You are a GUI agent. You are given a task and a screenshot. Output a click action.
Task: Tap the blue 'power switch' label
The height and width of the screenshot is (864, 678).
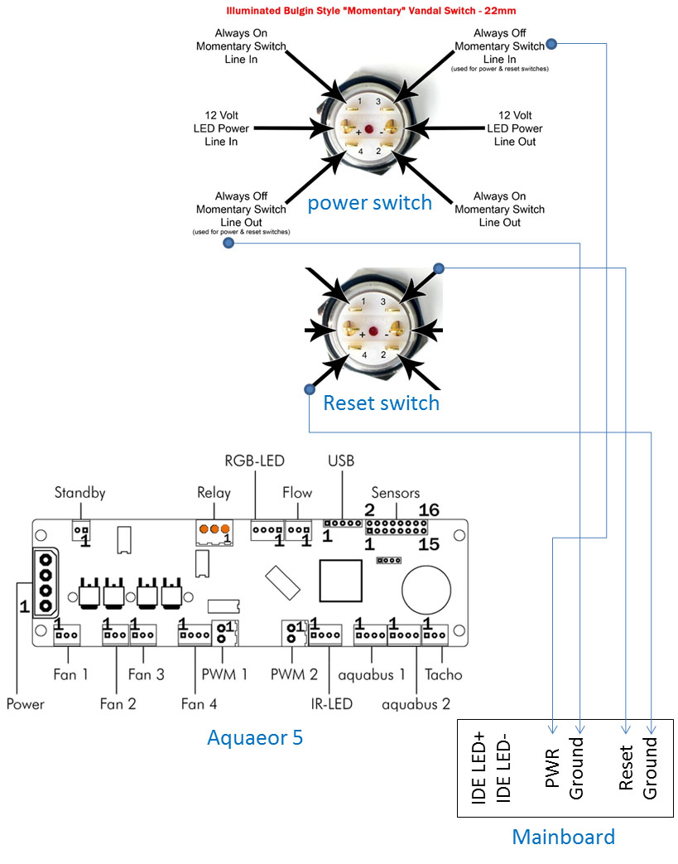pyautogui.click(x=369, y=203)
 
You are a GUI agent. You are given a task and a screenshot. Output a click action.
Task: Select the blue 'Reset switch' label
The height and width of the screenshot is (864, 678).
pyautogui.click(x=381, y=403)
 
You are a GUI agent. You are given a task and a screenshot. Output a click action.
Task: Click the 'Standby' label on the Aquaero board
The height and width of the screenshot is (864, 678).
pyautogui.click(x=81, y=493)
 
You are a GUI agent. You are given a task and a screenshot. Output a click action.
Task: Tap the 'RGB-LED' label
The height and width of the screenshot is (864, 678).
pyautogui.click(x=253, y=461)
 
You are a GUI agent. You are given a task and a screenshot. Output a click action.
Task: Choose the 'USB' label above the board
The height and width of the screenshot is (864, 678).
pyautogui.click(x=340, y=461)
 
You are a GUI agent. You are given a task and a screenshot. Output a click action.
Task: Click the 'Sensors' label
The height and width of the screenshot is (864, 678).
pyautogui.click(x=395, y=493)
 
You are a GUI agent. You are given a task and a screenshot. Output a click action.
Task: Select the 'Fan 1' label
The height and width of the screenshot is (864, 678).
pyautogui.click(x=70, y=674)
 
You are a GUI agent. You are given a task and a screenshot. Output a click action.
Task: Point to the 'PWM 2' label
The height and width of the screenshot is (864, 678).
pyautogui.click(x=294, y=674)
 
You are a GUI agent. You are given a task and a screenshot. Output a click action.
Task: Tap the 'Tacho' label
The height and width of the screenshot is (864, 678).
pyautogui.click(x=444, y=674)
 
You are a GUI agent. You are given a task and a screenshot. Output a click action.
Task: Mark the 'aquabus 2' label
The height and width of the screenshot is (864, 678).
pyautogui.click(x=416, y=704)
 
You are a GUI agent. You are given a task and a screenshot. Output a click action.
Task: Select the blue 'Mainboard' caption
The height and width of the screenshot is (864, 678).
pyautogui.click(x=563, y=836)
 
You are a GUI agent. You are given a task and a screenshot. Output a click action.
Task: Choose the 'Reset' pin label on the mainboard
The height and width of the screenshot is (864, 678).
pyautogui.click(x=628, y=767)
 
